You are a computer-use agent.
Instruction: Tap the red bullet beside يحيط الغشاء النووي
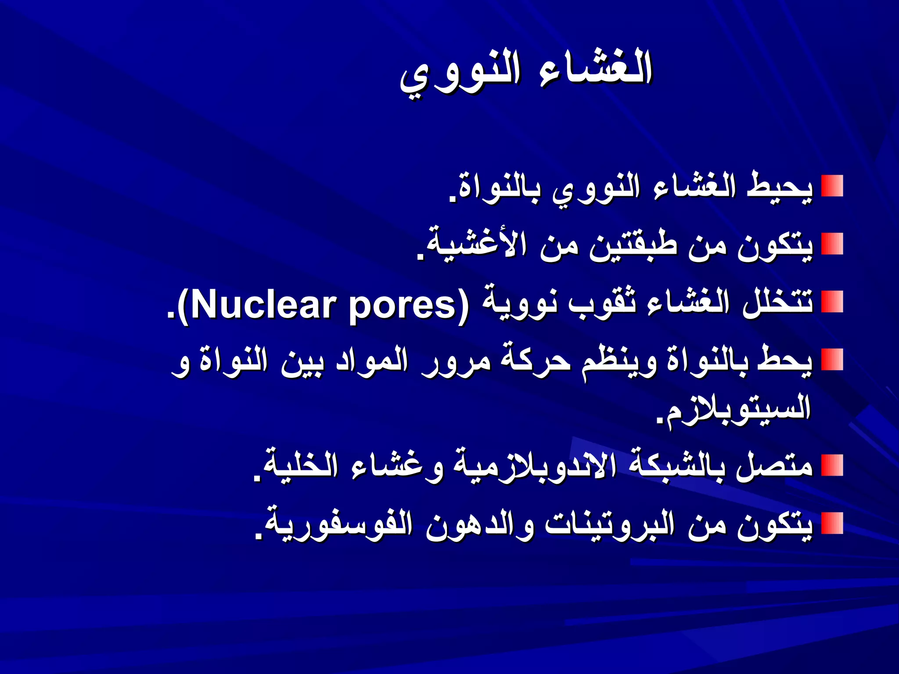832,186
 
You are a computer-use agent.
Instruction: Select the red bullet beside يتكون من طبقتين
832,244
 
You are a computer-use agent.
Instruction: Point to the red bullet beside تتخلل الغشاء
832,302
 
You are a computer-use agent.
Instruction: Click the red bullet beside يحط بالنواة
832,360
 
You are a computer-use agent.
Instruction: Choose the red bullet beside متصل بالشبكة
832,466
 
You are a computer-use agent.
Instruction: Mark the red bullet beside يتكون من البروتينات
832,523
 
